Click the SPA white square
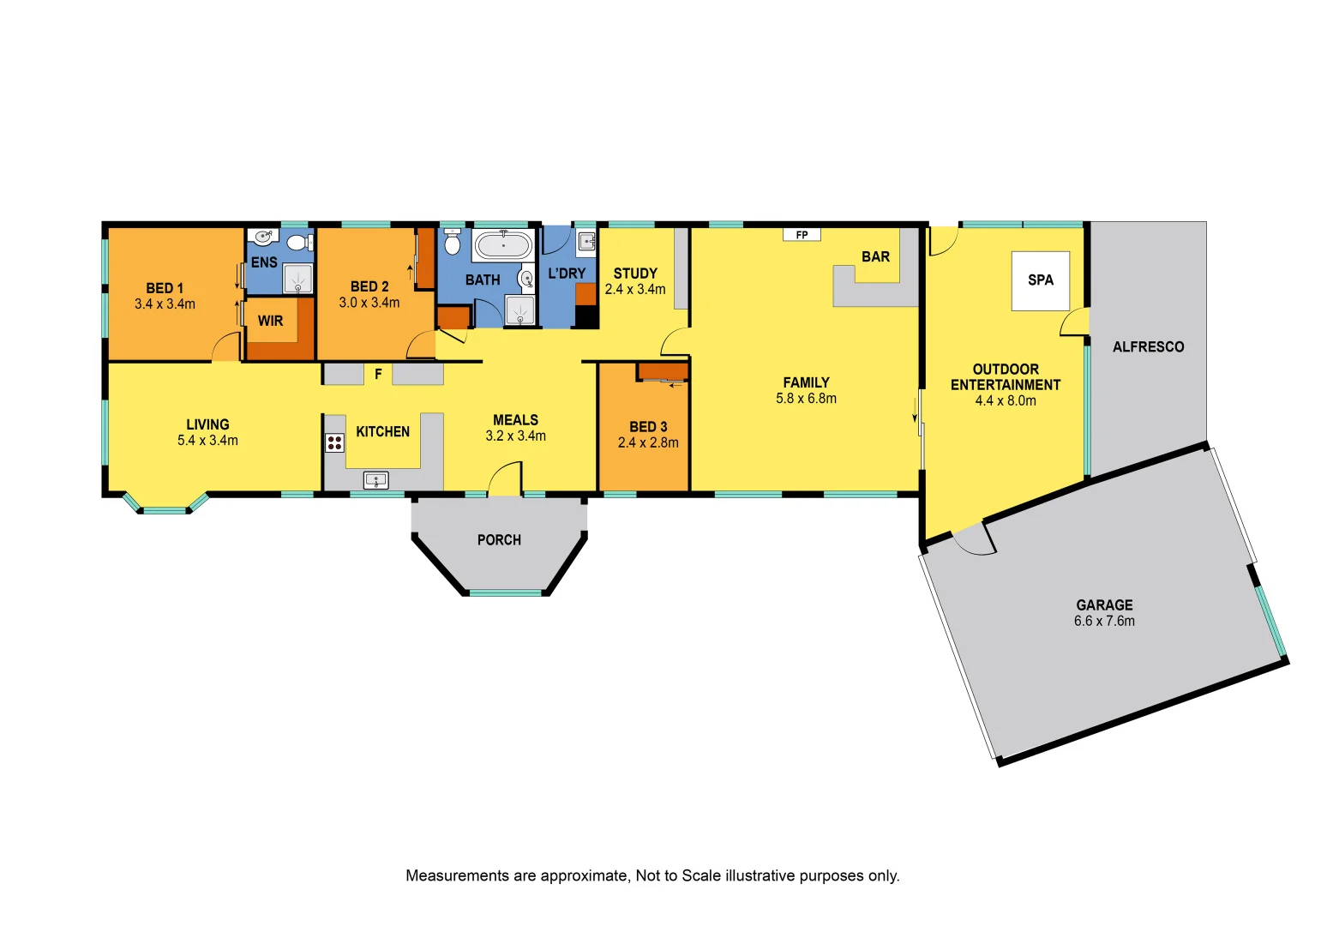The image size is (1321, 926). click(1040, 280)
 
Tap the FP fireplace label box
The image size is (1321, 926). click(802, 235)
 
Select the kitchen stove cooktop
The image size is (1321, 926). click(334, 442)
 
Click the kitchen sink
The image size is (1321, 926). click(376, 480)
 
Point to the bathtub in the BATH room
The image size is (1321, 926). click(502, 245)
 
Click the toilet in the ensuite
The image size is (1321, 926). click(297, 243)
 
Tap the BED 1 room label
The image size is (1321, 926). click(165, 288)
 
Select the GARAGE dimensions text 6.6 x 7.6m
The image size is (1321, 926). click(1104, 621)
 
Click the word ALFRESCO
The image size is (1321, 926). click(1148, 347)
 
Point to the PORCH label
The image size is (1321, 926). click(499, 540)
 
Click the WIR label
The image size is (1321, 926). click(270, 321)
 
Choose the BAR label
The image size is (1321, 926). click(875, 257)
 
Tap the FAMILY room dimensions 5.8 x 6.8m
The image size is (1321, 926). click(806, 399)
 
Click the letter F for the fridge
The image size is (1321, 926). click(378, 375)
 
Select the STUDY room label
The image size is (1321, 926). click(635, 274)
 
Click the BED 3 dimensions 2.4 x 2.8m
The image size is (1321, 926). click(648, 443)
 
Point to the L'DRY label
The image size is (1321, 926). click(567, 274)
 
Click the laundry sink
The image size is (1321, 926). click(586, 242)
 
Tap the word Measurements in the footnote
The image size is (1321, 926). click(457, 875)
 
